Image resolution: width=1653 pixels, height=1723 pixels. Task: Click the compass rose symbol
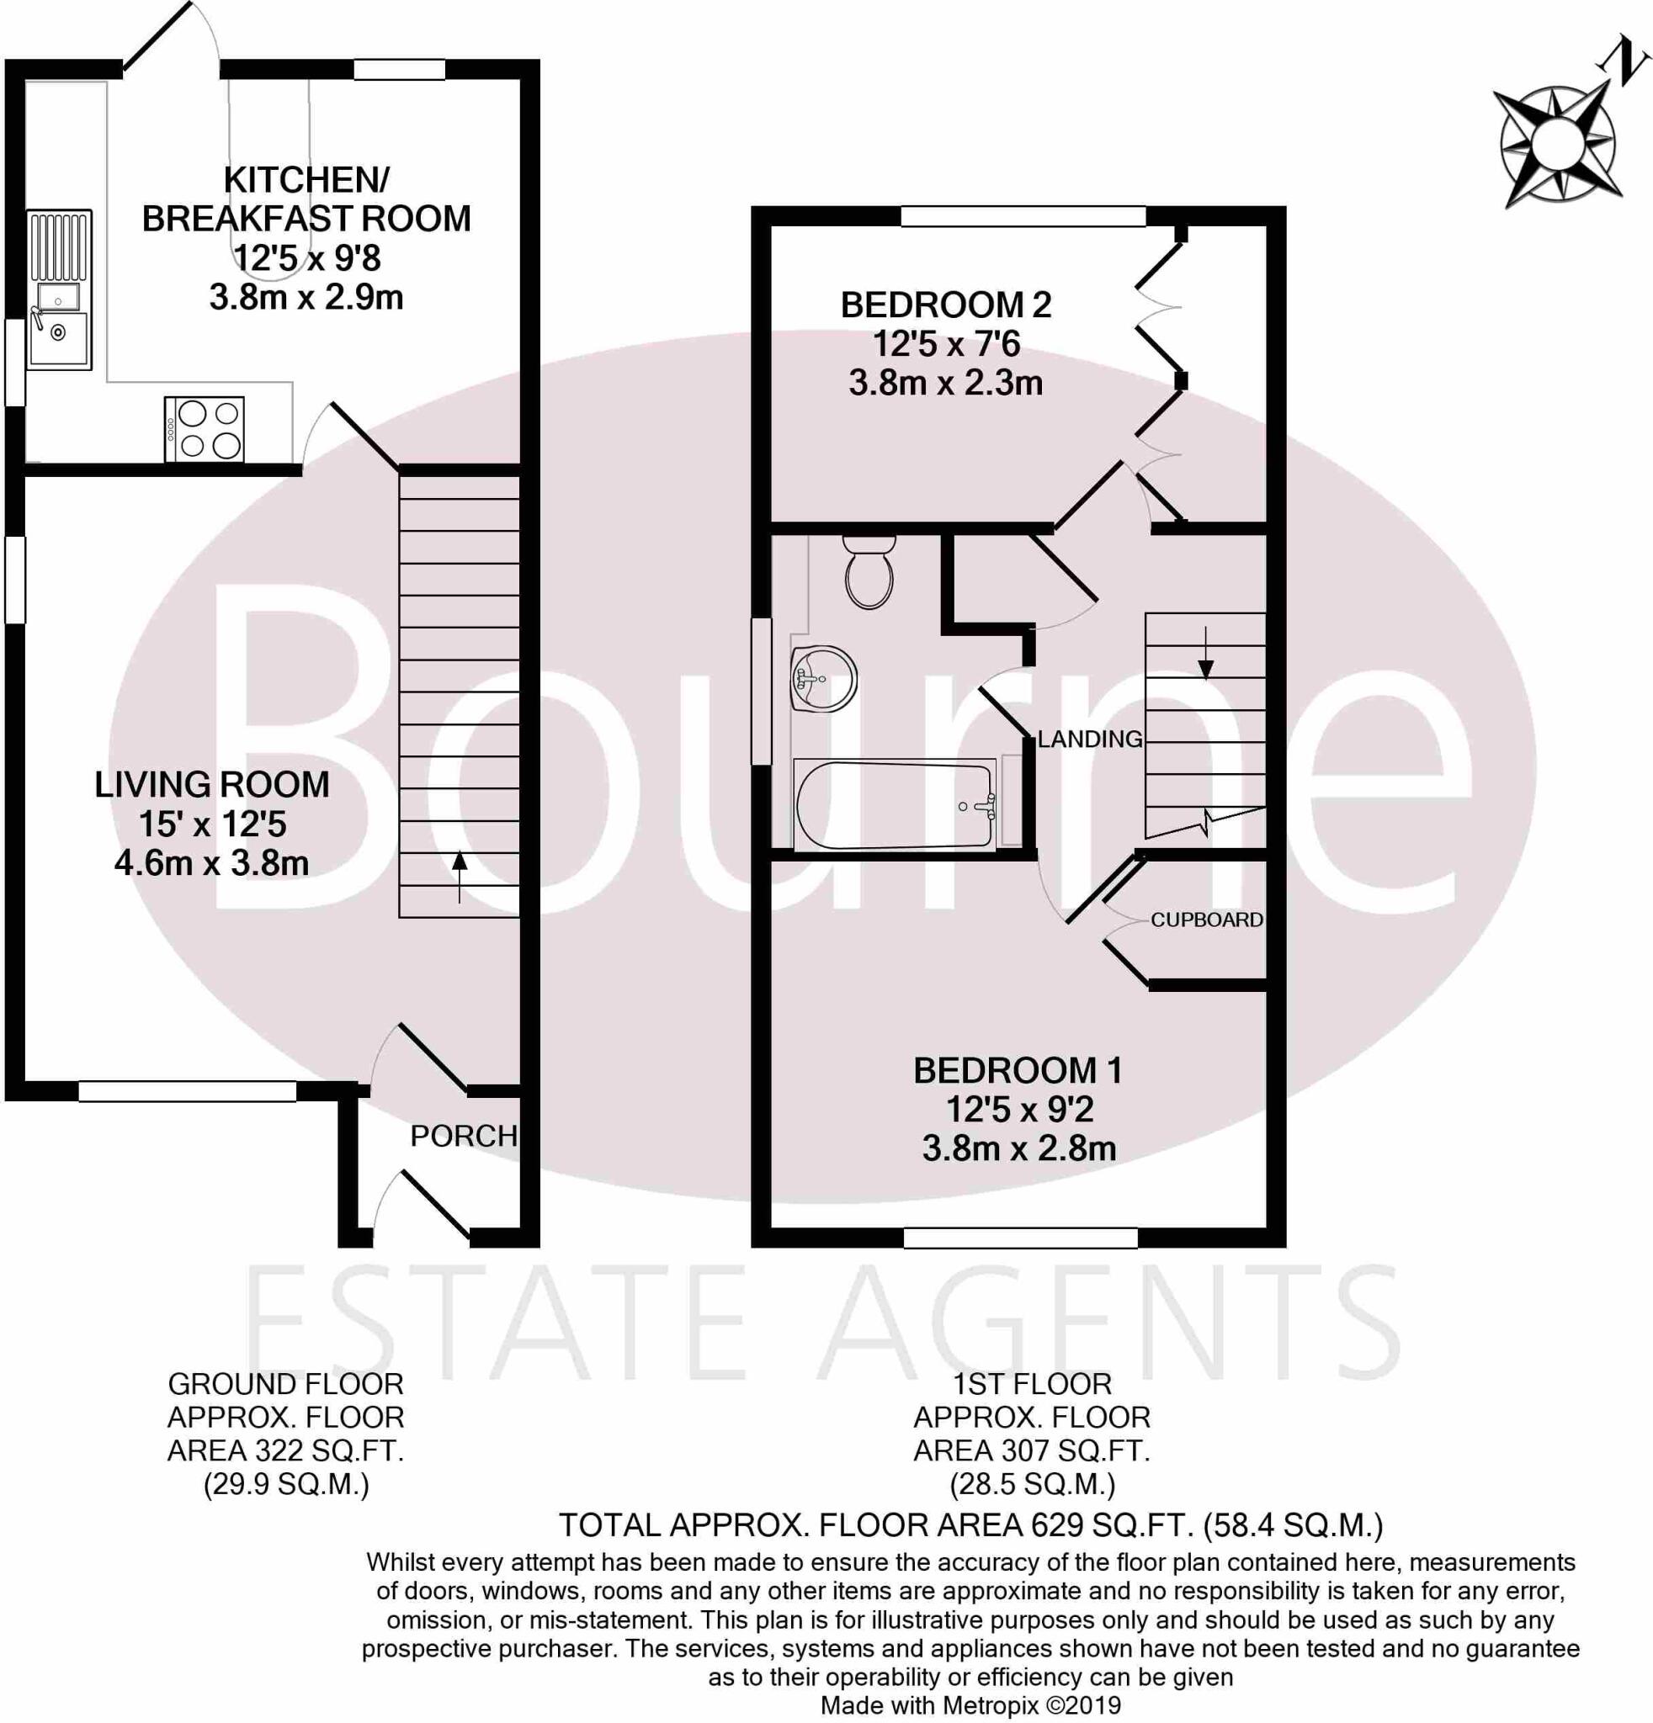tap(1556, 145)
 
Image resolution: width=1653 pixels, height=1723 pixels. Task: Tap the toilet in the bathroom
tap(869, 572)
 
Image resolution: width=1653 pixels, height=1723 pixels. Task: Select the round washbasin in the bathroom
tap(823, 679)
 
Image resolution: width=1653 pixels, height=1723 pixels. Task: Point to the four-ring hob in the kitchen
tap(204, 430)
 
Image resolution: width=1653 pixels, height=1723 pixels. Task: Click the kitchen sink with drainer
tap(59, 290)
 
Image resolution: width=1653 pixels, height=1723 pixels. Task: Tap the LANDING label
tap(1089, 740)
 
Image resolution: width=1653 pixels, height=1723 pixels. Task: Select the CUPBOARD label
tap(1206, 920)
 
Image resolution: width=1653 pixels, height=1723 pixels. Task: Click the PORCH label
tap(464, 1136)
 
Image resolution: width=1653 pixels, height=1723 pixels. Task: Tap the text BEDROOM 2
tap(946, 305)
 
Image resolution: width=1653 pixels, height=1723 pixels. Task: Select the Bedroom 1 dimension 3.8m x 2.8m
tap(1019, 1148)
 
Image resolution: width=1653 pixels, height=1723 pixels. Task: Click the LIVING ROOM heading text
tap(212, 784)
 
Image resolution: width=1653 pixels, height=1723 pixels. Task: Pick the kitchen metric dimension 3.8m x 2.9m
tap(306, 297)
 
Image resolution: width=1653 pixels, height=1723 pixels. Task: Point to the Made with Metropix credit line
tap(970, 1705)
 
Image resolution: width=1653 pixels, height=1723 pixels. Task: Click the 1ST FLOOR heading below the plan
tap(1032, 1385)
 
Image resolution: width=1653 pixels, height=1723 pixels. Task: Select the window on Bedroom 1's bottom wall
tap(1020, 1238)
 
